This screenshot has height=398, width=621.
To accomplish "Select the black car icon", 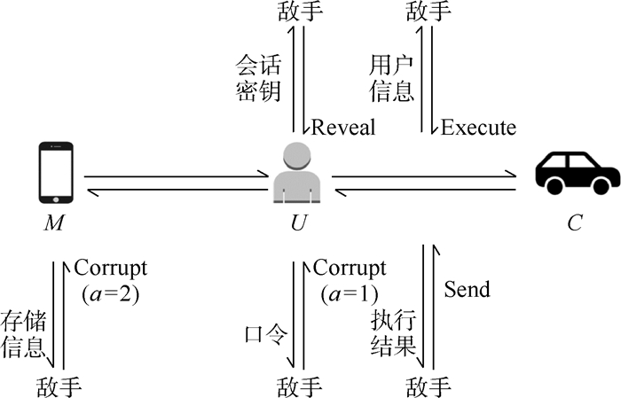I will [577, 171].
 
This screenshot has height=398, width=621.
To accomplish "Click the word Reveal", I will [342, 127].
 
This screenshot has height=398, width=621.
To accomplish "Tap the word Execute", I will [478, 127].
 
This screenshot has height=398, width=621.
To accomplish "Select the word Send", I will [467, 290].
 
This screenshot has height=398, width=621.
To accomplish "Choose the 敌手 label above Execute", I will [429, 12].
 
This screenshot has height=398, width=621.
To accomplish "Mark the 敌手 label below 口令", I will [300, 386].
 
